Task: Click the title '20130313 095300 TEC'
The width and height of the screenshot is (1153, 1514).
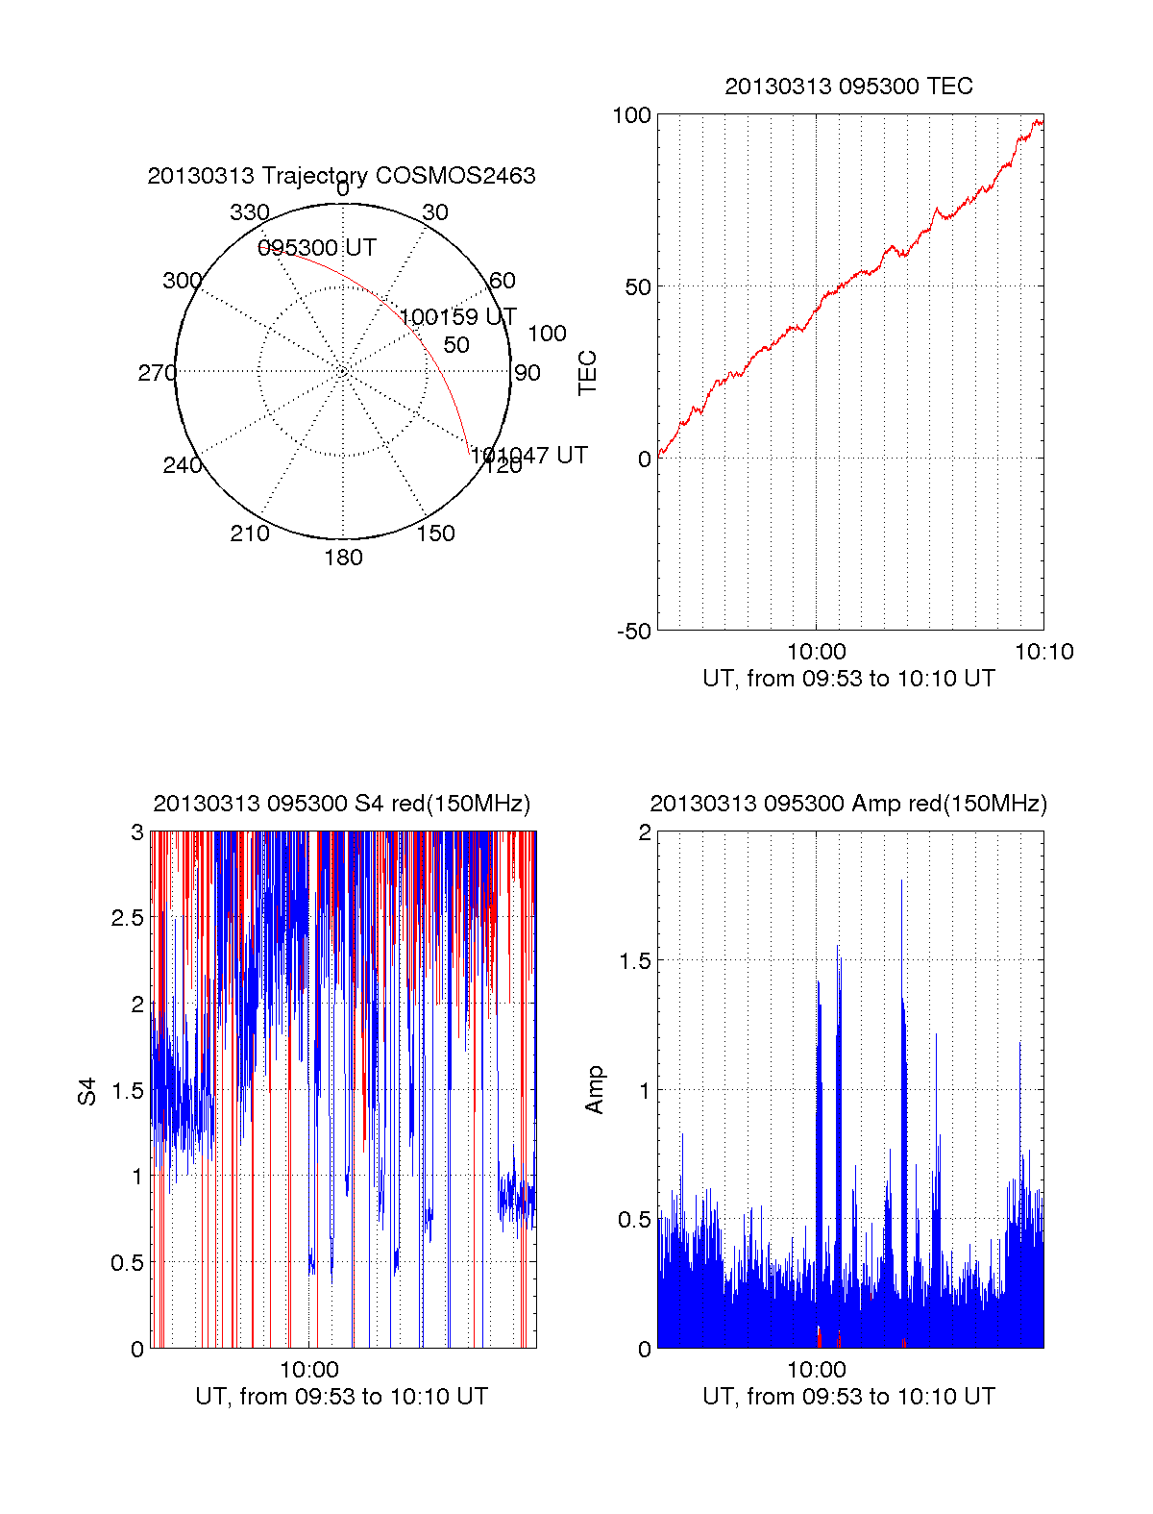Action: (848, 87)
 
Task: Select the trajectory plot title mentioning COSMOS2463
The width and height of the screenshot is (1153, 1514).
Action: (341, 176)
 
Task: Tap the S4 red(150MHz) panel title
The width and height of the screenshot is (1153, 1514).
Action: (341, 804)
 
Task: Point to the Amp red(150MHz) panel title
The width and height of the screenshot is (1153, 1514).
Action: (848, 804)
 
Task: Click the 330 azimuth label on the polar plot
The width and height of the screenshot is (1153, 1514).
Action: (250, 212)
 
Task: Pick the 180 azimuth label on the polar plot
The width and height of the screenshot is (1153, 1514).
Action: (343, 558)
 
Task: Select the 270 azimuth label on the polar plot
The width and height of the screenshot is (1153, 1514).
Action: (157, 373)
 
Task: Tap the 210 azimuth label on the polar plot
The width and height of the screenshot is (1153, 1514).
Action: (250, 534)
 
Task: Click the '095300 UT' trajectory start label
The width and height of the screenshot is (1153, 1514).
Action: (317, 248)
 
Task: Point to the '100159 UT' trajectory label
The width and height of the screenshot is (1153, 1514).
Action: (457, 317)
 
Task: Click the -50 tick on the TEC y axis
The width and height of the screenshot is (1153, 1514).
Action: (634, 632)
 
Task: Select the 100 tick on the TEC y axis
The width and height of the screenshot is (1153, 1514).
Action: (631, 115)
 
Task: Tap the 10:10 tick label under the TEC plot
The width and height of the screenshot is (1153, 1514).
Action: (1043, 652)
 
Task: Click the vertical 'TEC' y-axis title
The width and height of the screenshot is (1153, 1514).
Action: (587, 373)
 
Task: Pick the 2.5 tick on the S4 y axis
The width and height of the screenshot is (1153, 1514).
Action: (128, 918)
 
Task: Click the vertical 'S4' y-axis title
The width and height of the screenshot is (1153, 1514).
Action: (87, 1091)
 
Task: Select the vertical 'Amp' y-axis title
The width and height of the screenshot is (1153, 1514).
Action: (595, 1090)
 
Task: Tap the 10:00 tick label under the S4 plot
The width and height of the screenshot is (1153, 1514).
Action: (309, 1370)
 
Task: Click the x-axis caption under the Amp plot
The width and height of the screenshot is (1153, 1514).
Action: (848, 1397)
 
